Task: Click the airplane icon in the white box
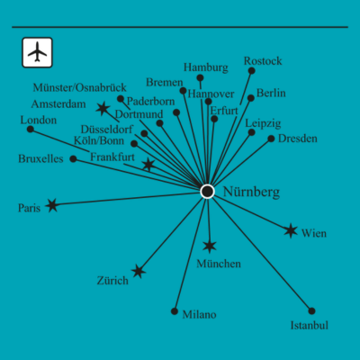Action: (x=37, y=52)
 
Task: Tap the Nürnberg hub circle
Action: (x=207, y=192)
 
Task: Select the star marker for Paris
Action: (x=52, y=205)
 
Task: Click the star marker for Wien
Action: (x=291, y=230)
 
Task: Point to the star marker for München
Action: (x=210, y=246)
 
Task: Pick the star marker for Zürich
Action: (x=139, y=272)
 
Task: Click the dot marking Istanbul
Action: (x=311, y=310)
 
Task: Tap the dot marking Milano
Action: (x=175, y=311)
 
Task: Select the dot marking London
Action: (x=31, y=129)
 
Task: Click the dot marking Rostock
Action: (x=252, y=71)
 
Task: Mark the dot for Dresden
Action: (x=271, y=139)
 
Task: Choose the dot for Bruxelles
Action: (x=73, y=158)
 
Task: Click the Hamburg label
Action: (x=206, y=67)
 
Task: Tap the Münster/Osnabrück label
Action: (x=80, y=87)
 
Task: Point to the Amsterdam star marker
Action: (x=103, y=108)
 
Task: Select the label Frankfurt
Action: (x=112, y=157)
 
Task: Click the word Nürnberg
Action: (x=251, y=192)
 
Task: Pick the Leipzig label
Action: (x=263, y=123)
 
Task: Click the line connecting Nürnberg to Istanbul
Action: (x=260, y=251)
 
